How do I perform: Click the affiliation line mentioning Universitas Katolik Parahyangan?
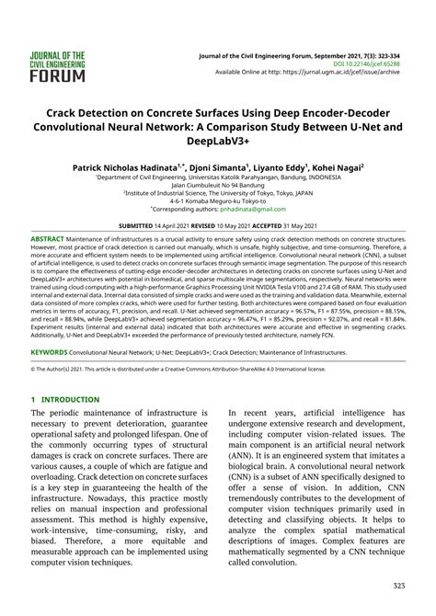(x=217, y=180)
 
